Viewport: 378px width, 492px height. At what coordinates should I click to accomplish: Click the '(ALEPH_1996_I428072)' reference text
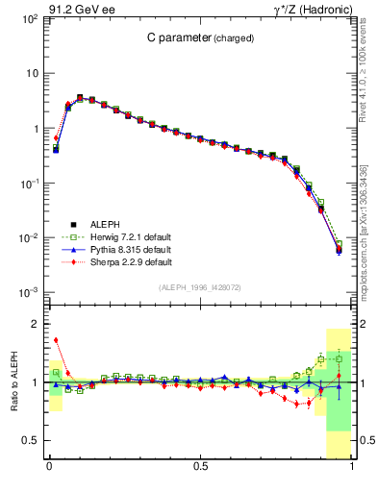200,287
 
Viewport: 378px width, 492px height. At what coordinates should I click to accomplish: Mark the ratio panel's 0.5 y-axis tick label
32,440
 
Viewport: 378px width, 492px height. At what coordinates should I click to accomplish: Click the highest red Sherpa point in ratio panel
56,340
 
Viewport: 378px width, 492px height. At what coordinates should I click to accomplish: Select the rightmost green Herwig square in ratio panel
339,358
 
